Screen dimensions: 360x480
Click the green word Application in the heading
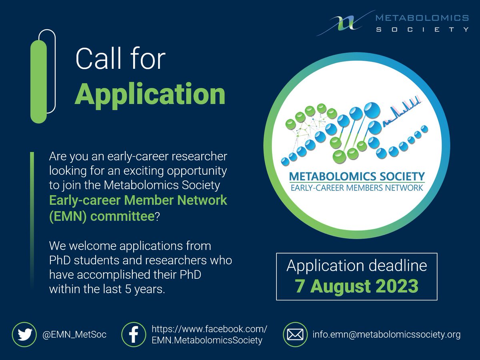point(150,95)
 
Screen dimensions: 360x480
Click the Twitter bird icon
point(25,334)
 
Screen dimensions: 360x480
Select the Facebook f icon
point(133,334)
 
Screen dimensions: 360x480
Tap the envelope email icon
point(295,334)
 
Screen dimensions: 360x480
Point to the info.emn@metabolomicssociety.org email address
point(386,334)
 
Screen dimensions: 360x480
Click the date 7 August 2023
point(357,286)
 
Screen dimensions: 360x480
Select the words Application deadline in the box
point(357,266)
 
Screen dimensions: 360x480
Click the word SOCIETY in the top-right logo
point(422,30)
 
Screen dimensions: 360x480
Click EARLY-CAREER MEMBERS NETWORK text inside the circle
point(357,188)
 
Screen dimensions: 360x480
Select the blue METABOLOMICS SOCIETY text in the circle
point(357,176)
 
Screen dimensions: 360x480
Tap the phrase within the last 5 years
point(107,289)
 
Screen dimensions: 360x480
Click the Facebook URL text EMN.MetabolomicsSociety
point(207,340)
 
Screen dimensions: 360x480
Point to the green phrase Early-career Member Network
point(138,200)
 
